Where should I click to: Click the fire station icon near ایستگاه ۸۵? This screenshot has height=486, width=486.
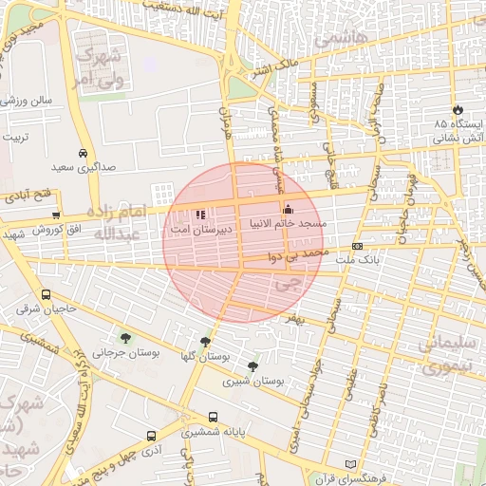coord(459,110)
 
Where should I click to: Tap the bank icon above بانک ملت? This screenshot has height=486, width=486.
coord(357,246)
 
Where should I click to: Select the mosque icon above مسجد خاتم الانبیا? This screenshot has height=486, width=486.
coord(288,209)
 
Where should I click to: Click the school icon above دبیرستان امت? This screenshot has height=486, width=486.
coord(200,215)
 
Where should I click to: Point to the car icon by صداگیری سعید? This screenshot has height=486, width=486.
coord(84,153)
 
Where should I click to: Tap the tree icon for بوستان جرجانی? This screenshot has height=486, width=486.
coord(124,337)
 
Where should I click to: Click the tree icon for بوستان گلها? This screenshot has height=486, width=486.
coord(205,342)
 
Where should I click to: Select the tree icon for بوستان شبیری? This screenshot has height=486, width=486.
coord(252,366)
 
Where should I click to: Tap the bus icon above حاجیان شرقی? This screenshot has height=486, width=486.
coord(47,294)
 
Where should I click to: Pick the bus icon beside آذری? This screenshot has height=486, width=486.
coord(151,437)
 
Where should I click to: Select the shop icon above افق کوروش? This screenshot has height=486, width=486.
coord(56,216)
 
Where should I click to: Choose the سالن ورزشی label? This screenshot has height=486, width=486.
coord(32,100)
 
